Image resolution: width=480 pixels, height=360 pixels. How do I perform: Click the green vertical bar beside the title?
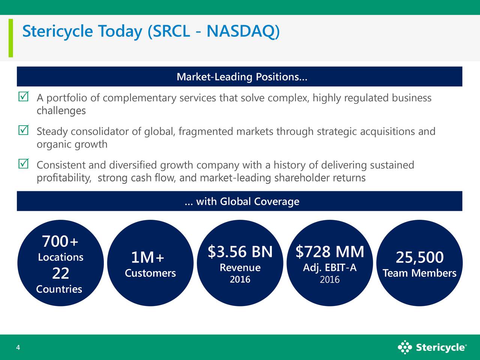click(x=11, y=38)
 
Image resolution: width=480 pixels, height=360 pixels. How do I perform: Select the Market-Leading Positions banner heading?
click(x=241, y=77)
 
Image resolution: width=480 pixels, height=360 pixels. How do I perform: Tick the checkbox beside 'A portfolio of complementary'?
click(x=23, y=97)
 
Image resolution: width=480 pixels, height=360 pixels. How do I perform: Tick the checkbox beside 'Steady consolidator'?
click(x=23, y=130)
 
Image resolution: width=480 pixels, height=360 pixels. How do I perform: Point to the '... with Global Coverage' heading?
click(x=242, y=202)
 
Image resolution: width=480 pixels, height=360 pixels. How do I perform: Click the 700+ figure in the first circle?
click(x=60, y=242)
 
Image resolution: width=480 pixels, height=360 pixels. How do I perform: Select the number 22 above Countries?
click(x=60, y=274)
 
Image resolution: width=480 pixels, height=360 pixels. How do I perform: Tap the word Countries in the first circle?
click(x=59, y=289)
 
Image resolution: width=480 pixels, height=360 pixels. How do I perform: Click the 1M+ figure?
click(x=147, y=258)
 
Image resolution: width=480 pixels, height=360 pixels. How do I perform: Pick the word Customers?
click(x=150, y=273)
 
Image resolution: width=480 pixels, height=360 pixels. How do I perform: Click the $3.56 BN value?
click(x=240, y=252)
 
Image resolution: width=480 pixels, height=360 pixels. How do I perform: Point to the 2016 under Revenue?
click(x=240, y=280)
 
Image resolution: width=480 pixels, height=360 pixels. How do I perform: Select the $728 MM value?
click(x=330, y=252)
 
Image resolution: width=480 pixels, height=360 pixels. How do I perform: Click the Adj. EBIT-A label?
click(x=330, y=268)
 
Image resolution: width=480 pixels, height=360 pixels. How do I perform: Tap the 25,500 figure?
click(x=420, y=258)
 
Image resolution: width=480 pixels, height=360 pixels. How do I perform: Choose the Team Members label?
click(x=419, y=273)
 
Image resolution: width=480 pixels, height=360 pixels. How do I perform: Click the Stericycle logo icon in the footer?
click(x=405, y=347)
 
